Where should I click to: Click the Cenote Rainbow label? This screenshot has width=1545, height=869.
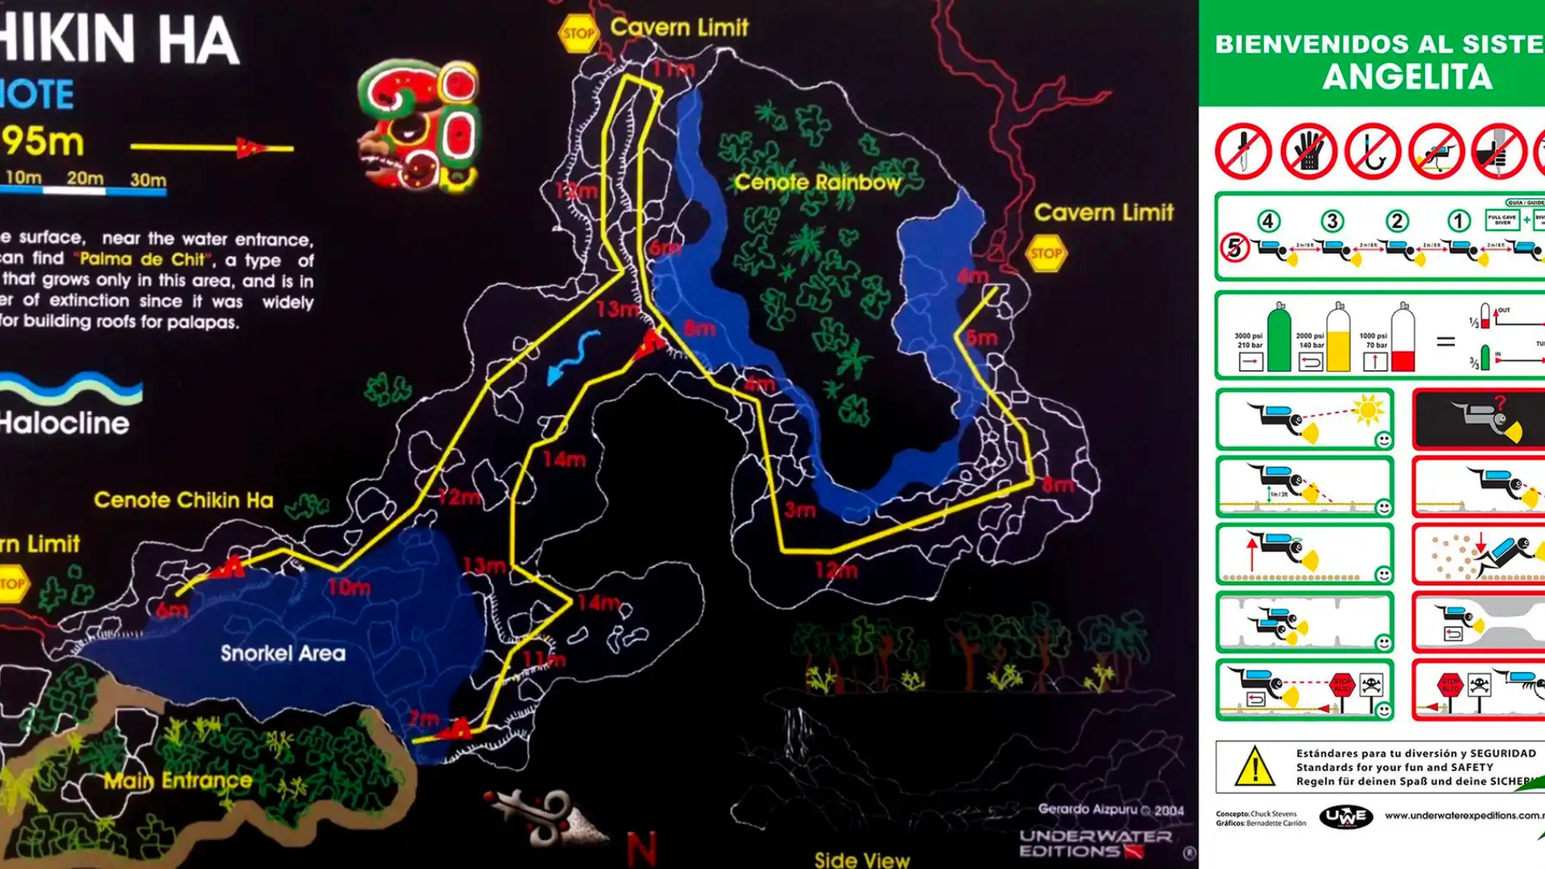[x=818, y=183]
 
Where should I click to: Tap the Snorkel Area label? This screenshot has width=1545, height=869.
[x=283, y=653]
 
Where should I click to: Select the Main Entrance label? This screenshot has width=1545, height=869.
[x=178, y=780]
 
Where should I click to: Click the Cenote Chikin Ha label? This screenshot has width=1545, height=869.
[x=183, y=500]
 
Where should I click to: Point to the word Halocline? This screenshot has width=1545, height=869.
[x=64, y=423]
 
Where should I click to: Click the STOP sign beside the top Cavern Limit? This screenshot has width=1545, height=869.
[x=578, y=34]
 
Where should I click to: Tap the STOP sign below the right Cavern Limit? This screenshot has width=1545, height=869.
[x=1046, y=253]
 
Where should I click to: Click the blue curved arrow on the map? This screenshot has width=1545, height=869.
[x=572, y=356]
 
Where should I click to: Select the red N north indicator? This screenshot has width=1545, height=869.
[x=641, y=848]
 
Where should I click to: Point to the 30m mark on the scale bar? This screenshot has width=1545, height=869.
[x=148, y=180]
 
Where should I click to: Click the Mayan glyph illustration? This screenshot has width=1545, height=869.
[x=418, y=125]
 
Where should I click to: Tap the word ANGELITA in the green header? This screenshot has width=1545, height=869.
[x=1407, y=77]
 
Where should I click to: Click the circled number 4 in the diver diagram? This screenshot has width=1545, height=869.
[x=1268, y=221]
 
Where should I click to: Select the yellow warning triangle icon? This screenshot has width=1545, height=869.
[x=1255, y=766]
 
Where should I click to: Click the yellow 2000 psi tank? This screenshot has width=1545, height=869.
[x=1338, y=338]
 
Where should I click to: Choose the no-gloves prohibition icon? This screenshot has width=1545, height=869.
[x=1308, y=151]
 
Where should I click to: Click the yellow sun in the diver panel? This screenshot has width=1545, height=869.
[x=1367, y=410]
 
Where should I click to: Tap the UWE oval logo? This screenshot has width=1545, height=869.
[x=1345, y=817]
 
